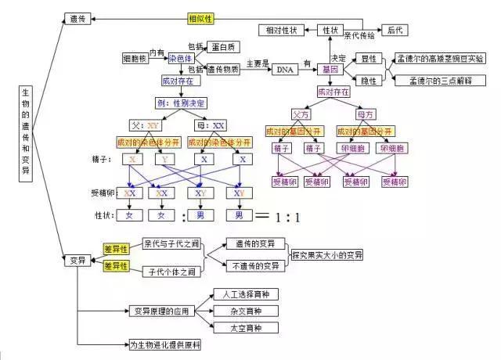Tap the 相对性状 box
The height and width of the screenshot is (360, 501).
click(283, 31)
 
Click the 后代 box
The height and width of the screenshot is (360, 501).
click(396, 31)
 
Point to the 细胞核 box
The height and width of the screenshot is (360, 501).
click(135, 59)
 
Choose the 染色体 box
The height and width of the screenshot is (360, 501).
click(182, 59)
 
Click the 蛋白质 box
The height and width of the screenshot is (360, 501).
click(225, 48)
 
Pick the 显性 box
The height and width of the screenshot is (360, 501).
click(367, 59)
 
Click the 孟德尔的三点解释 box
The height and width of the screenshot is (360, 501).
click(440, 81)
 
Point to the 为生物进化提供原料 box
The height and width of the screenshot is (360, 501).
click(166, 344)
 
